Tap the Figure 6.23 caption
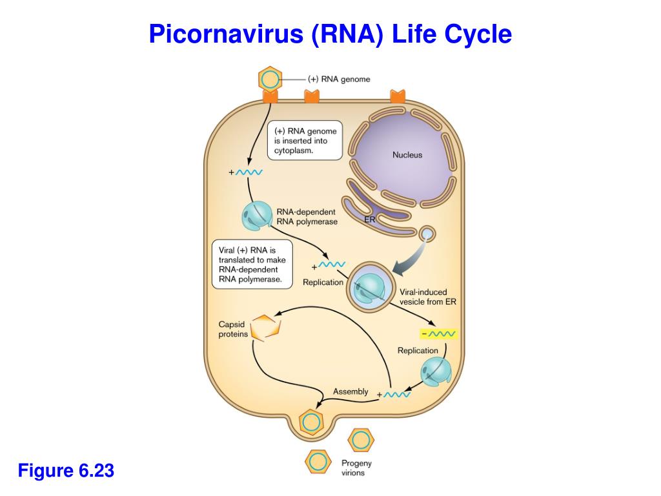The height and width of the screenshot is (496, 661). click(x=66, y=471)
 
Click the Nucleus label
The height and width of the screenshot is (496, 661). click(x=407, y=155)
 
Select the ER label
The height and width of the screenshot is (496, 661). click(x=369, y=220)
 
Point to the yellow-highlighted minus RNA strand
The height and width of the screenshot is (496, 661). click(x=438, y=334)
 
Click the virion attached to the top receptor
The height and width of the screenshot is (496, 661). click(x=270, y=80)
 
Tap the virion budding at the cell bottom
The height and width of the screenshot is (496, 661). click(x=311, y=422)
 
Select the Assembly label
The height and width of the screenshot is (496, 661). click(x=351, y=391)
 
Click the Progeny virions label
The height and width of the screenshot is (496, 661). click(x=356, y=468)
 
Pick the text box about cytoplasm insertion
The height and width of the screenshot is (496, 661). click(x=305, y=140)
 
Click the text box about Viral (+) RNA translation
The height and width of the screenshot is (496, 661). click(x=252, y=265)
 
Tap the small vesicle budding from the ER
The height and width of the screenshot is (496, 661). click(x=427, y=233)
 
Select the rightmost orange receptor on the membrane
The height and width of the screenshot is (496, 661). click(x=398, y=97)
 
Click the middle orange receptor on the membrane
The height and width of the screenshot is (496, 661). click(x=312, y=97)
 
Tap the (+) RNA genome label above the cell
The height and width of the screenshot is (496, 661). click(x=339, y=79)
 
